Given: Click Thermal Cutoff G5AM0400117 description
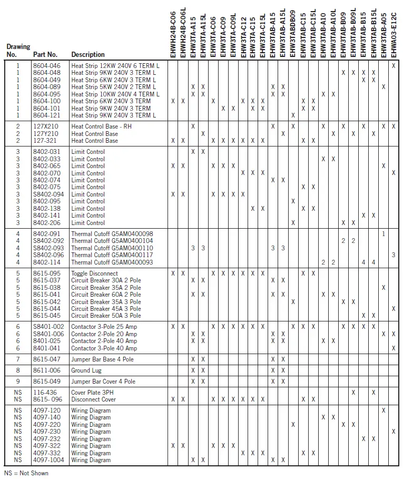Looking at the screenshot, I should [x=112, y=255].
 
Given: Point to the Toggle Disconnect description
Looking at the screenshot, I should [x=94, y=273].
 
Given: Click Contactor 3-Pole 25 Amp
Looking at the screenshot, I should [x=104, y=327].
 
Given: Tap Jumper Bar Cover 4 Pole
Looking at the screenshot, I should [x=103, y=382].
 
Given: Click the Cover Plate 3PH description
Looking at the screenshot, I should [x=92, y=393].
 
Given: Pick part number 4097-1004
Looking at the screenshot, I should [x=48, y=460].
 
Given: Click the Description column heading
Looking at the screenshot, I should [x=88, y=54].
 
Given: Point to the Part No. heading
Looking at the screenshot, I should [x=45, y=54].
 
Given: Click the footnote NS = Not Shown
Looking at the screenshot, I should [x=26, y=473].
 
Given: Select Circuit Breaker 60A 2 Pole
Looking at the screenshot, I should [x=106, y=295].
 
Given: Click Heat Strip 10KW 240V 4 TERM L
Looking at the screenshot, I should [x=115, y=94].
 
